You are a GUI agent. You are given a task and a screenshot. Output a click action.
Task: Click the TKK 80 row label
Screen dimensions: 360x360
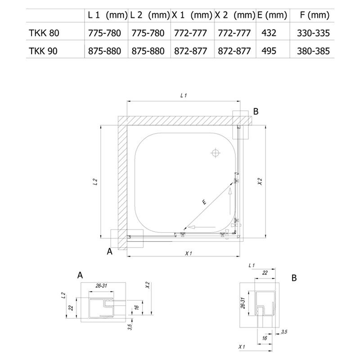(44, 33)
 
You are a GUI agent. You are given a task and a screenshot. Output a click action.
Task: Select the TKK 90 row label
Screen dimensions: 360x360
(43, 51)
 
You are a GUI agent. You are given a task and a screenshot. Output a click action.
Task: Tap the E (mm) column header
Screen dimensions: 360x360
(272, 15)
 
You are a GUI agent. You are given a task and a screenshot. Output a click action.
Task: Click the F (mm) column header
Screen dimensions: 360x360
(315, 15)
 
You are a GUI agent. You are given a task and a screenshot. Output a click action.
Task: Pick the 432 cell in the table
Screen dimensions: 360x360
(269, 33)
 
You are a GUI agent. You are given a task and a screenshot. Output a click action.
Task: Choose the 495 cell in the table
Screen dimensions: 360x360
(269, 51)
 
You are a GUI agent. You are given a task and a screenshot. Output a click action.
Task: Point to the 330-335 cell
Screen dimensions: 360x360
(313, 33)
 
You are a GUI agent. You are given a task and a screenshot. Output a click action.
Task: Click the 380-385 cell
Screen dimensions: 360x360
(313, 51)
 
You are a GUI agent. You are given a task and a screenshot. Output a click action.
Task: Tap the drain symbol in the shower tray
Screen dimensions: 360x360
(216, 153)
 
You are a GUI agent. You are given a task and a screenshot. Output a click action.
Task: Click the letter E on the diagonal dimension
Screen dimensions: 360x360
(204, 202)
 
